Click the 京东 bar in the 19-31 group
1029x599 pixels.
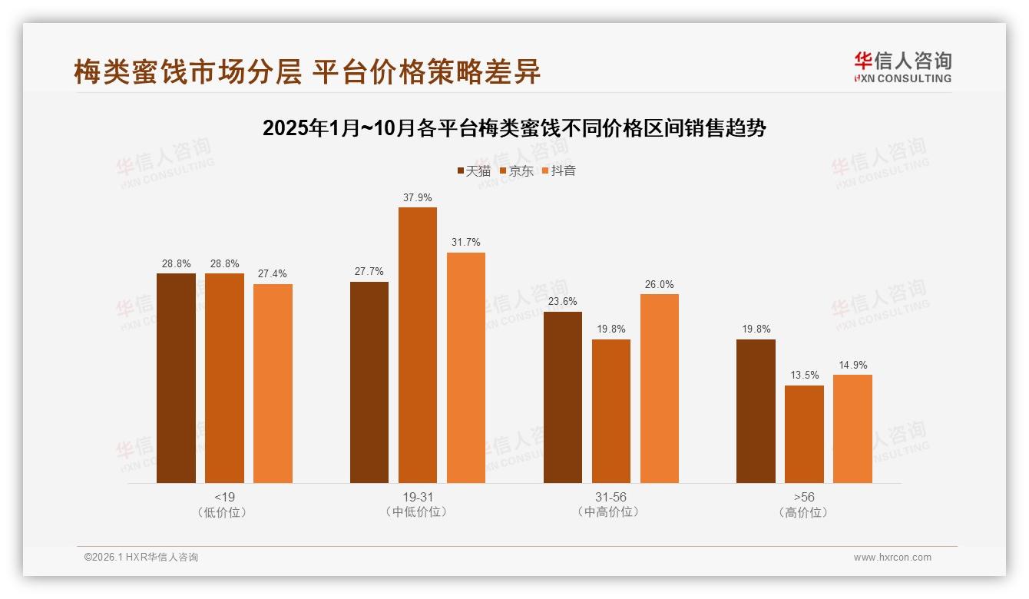pos(417,345)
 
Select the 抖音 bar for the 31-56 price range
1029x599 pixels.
pos(659,388)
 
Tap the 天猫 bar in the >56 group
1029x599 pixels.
pos(756,411)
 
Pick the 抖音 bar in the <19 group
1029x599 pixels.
pos(273,383)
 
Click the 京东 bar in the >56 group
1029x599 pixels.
pos(804,434)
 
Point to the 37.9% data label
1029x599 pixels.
pos(417,197)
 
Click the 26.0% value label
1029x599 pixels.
pos(659,284)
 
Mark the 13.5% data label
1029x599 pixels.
pos(804,376)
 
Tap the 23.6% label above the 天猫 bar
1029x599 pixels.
pos(562,302)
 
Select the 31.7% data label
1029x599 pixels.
pos(465,243)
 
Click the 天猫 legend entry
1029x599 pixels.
pos(474,170)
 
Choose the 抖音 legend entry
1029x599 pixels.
pos(559,170)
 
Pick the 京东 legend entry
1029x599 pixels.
pos(516,170)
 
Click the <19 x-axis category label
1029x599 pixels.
pos(224,497)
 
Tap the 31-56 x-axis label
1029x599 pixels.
pos(610,497)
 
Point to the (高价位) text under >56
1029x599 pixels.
pos(804,512)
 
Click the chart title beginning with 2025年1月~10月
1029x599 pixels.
pos(514,127)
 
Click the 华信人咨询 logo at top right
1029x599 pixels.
pos(902,66)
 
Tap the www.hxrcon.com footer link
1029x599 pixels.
pos(892,558)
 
